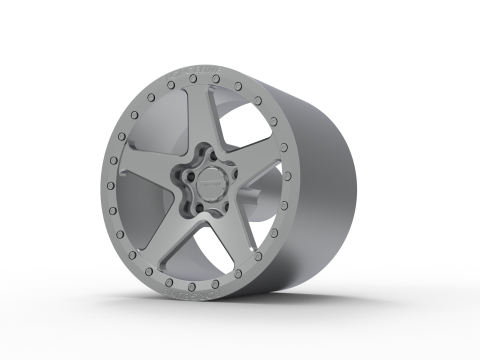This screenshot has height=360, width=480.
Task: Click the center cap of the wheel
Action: (211, 185)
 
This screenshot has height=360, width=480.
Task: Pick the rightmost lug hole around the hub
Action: (232, 176)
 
